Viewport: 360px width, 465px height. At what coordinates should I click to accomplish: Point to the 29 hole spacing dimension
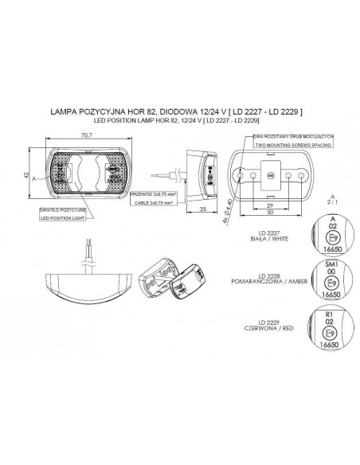tap(272, 205)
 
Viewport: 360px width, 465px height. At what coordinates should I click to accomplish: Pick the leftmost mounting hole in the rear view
tap(238, 174)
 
